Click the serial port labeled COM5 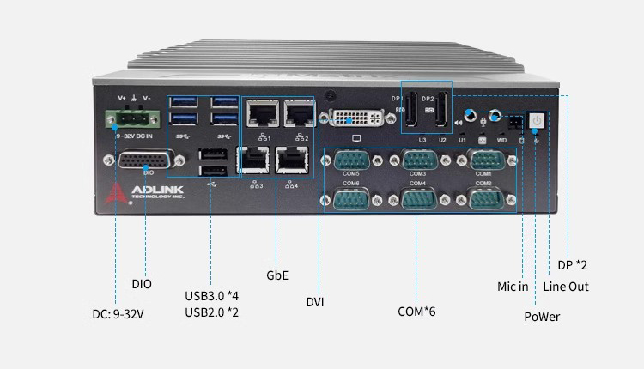[x=351, y=160]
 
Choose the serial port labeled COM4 [x=417, y=199]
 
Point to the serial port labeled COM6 [x=351, y=199]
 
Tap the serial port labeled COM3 [x=417, y=160]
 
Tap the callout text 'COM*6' [x=416, y=311]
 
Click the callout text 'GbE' [x=277, y=275]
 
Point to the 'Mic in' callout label [x=513, y=287]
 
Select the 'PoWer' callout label [x=542, y=317]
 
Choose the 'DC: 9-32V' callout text [x=118, y=313]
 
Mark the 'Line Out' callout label [x=567, y=287]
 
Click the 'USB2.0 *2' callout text [x=211, y=312]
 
